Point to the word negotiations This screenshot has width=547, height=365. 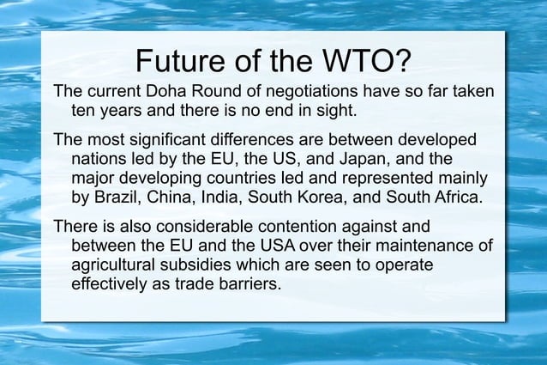(298, 91)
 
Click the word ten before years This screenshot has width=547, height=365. (82, 111)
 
